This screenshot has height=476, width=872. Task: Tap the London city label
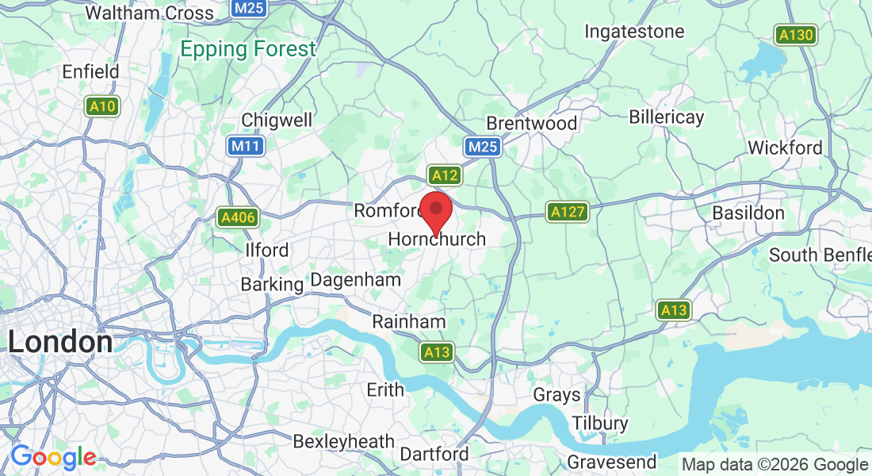click(60, 342)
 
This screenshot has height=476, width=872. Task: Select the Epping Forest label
click(247, 49)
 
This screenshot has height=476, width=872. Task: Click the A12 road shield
click(444, 175)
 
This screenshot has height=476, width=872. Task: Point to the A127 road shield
click(568, 212)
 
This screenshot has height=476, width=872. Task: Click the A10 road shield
click(102, 106)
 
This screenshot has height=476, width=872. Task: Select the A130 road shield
click(795, 35)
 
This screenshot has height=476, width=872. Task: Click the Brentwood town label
click(531, 124)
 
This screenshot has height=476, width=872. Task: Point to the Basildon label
click(748, 213)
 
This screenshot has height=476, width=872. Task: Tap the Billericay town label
click(666, 117)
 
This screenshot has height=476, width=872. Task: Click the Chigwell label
click(277, 120)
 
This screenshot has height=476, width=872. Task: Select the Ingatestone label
click(634, 32)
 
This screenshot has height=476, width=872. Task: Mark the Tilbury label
click(599, 423)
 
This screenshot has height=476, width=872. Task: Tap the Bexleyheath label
click(343, 441)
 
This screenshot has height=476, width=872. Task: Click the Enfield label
click(90, 71)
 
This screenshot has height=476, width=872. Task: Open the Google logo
click(53, 457)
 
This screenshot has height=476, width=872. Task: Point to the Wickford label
click(785, 148)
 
